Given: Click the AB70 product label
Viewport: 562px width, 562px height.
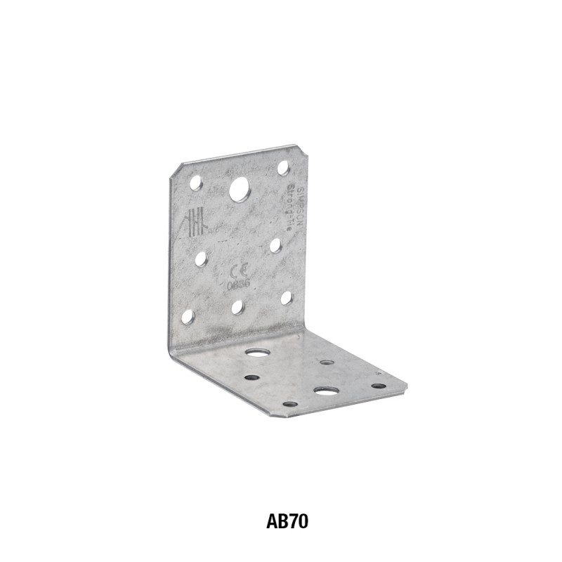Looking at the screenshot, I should pos(287,522).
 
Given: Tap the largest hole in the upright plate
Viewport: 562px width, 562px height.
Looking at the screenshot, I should pos(239,189).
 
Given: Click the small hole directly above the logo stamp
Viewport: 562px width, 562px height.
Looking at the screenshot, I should pos(196,183).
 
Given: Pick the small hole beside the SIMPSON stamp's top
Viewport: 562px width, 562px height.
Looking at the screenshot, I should pos(283,168).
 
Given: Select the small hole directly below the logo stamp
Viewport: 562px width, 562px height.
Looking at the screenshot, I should pos(201,259).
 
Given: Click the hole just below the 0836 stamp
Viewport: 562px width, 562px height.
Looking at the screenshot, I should pos(238,307).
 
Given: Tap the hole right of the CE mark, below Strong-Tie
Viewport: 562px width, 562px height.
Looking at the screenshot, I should pos(275,245).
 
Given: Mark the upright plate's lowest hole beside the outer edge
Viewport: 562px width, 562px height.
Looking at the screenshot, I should pos(188,317).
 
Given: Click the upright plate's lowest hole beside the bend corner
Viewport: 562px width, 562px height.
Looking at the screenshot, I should pos(287,298).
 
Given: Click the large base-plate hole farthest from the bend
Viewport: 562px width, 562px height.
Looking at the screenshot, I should pos(326,390).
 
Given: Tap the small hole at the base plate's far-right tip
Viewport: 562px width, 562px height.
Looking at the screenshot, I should pos(379,385).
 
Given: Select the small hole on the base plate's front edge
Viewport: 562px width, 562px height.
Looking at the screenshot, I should pos(289,404).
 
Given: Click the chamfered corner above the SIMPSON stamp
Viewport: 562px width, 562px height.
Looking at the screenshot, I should pos(301,150).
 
